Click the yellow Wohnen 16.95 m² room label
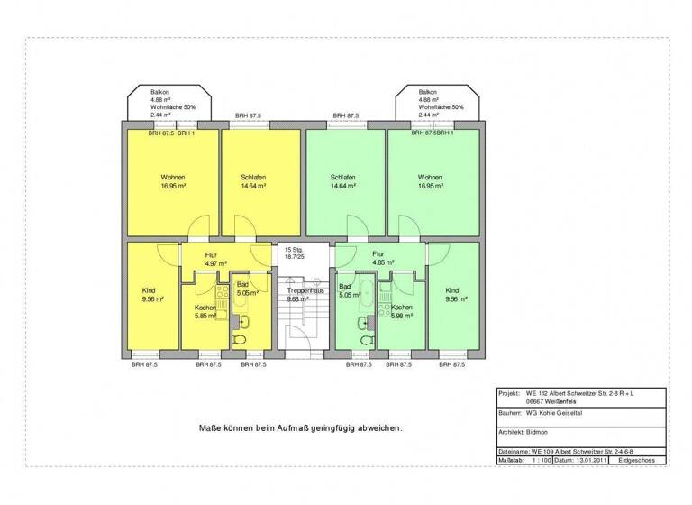coord(173,180)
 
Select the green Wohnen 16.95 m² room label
coord(430,180)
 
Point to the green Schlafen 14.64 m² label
coord(342,180)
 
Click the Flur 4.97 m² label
coord(211,260)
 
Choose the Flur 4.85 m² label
coord(378,259)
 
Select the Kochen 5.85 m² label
coord(205,311)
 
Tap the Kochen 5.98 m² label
coord(401,311)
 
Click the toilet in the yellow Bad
coord(241,340)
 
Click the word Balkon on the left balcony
coord(160,92)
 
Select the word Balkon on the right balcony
coord(427,92)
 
